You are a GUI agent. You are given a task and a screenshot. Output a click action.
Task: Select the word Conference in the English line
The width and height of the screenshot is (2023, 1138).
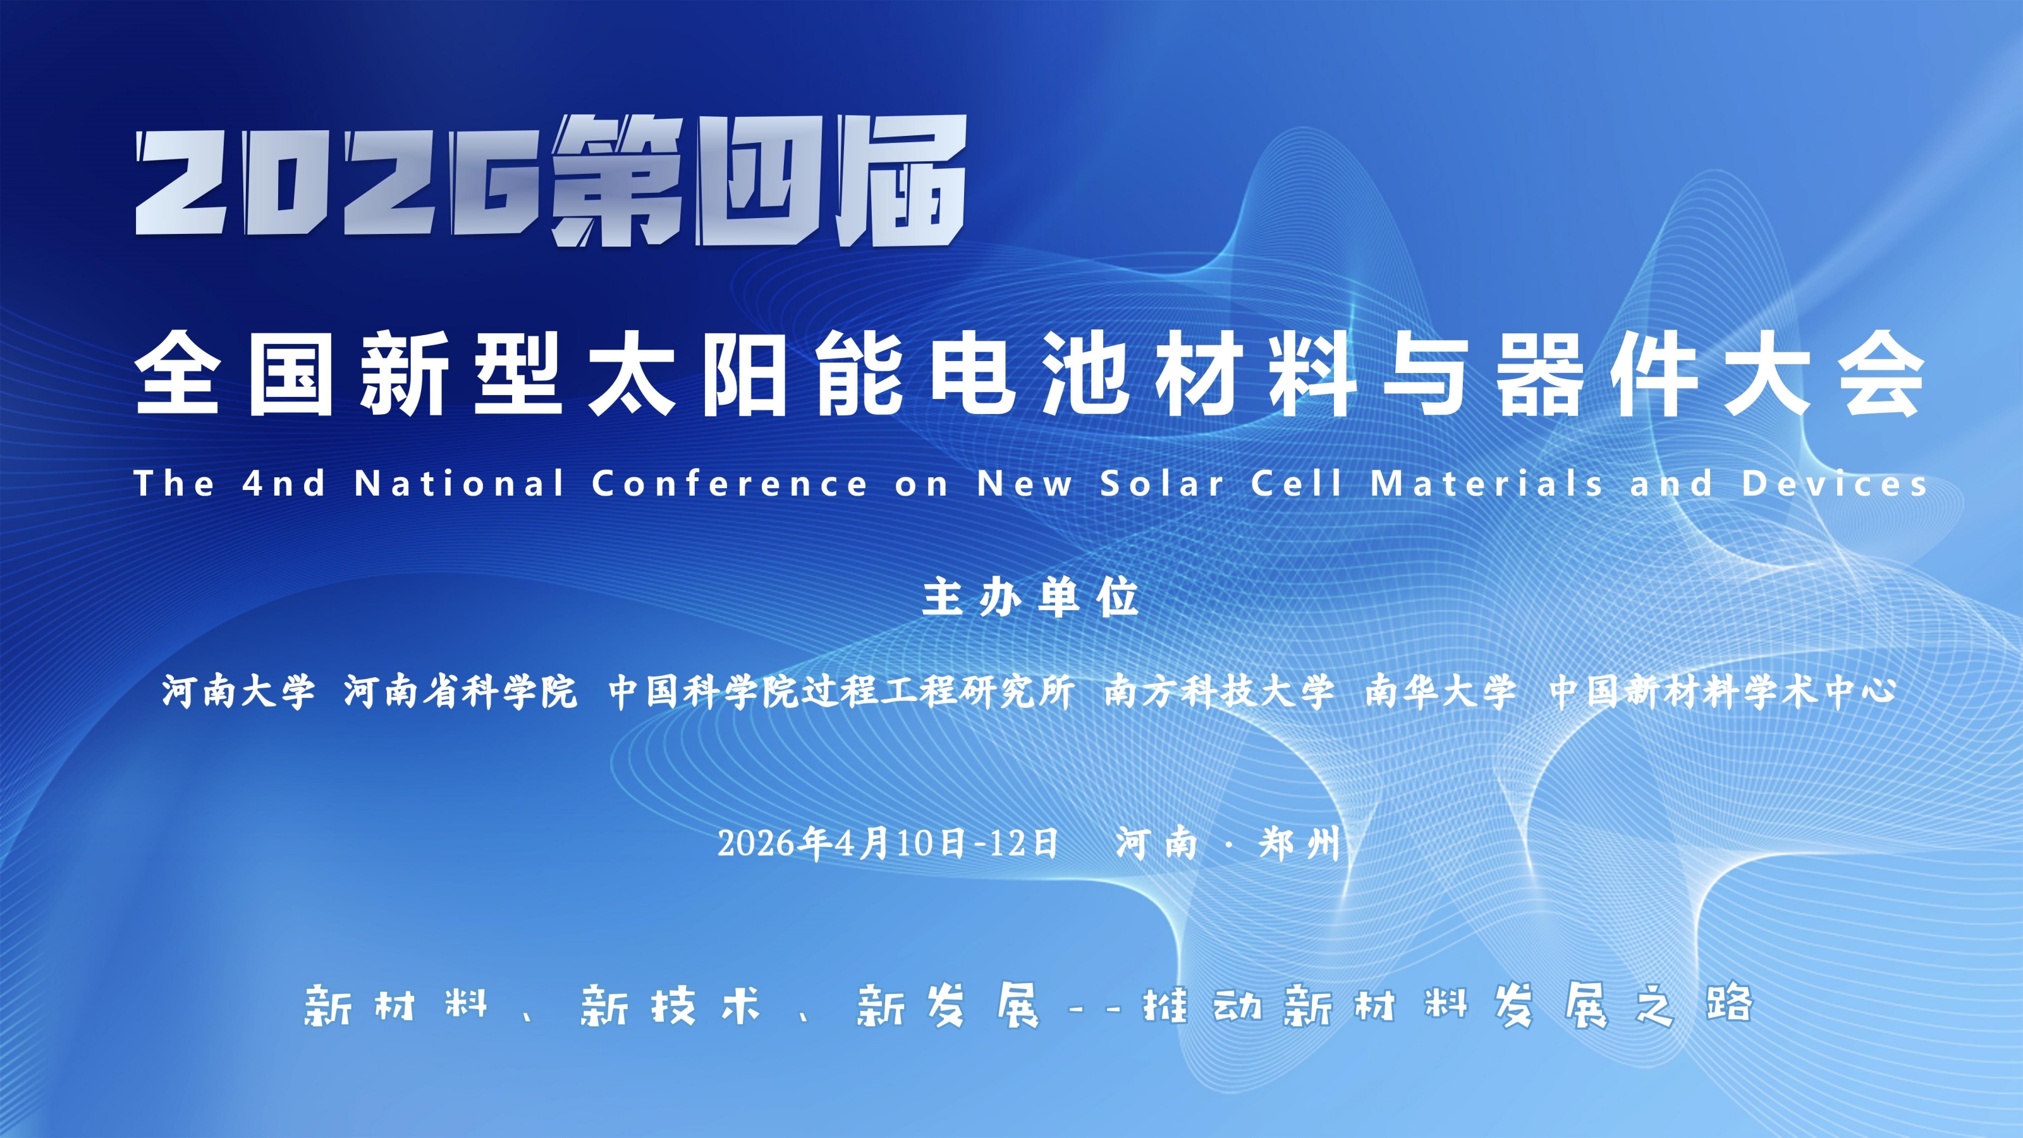click(729, 483)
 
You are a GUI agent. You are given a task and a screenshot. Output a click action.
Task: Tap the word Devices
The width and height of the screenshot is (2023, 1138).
click(1835, 483)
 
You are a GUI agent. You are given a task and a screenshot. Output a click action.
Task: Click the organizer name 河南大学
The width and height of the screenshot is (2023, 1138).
click(238, 692)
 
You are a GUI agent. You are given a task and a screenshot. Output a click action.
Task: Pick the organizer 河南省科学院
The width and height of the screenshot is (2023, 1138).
click(460, 692)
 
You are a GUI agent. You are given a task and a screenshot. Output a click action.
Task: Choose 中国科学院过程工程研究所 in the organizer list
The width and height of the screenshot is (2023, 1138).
click(841, 692)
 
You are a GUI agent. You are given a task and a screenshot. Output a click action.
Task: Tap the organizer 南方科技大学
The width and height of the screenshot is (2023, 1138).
click(1219, 692)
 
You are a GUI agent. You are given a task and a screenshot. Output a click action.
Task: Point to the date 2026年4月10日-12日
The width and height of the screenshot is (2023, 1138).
click(888, 843)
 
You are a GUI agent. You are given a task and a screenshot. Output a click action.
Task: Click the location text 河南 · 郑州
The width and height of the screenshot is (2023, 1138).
click(1228, 843)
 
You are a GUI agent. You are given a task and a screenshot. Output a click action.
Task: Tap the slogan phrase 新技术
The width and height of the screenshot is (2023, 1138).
click(671, 1005)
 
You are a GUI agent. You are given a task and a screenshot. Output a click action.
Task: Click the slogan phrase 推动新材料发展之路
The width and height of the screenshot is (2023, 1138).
click(1447, 1005)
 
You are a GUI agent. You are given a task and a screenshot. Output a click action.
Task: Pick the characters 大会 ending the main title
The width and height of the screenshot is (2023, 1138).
click(1825, 374)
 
